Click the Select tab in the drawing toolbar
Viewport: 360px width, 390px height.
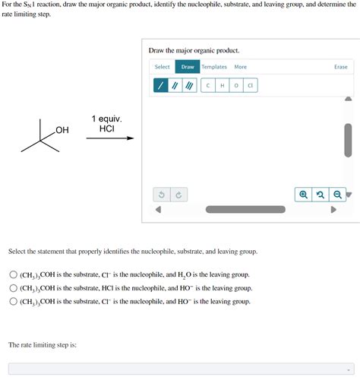(163, 67)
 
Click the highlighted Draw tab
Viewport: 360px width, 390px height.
(188, 67)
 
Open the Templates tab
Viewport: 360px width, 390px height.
(214, 67)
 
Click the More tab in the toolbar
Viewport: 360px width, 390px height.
(240, 67)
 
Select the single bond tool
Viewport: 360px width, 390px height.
(161, 86)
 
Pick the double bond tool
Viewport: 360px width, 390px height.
(175, 86)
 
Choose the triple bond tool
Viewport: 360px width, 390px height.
(188, 86)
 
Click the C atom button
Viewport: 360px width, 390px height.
(208, 86)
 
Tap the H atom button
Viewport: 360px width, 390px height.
(222, 86)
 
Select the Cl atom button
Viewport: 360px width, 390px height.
(250, 86)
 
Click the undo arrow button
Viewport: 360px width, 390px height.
(161, 195)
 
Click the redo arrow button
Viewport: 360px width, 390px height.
(178, 195)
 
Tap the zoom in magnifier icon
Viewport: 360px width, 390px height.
(303, 195)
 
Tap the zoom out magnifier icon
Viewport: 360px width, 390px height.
(336, 195)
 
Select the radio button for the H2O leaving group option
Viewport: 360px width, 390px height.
(14, 274)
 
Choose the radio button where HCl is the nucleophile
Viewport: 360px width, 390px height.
(14, 288)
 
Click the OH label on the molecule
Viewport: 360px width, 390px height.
(62, 131)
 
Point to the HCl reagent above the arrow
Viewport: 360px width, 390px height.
(106, 129)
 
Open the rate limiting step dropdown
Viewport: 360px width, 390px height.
(181, 369)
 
